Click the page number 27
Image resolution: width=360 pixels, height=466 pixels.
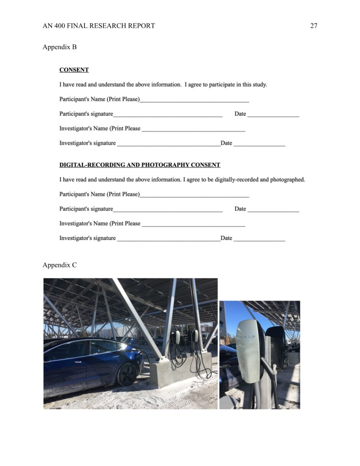(314, 26)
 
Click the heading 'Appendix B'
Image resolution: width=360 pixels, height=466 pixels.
(60, 47)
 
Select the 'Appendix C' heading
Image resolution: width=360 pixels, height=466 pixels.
(60, 265)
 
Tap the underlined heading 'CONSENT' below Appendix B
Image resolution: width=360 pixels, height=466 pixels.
(74, 70)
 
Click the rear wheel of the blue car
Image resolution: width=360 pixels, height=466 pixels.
(126, 374)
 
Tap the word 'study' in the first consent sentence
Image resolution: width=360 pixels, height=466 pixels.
(259, 85)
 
